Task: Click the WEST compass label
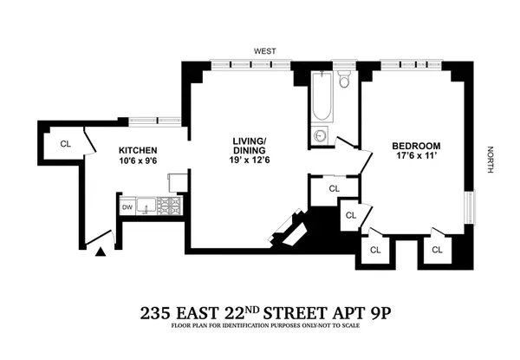[264, 51]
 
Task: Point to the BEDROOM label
[416, 145]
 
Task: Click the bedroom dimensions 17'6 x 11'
[416, 156]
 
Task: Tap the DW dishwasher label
[127, 206]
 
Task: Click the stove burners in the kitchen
[170, 206]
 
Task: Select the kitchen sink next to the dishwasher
[146, 206]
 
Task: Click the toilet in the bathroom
[344, 83]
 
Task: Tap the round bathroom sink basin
[321, 136]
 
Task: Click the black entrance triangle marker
[101, 252]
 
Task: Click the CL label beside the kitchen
[65, 143]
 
